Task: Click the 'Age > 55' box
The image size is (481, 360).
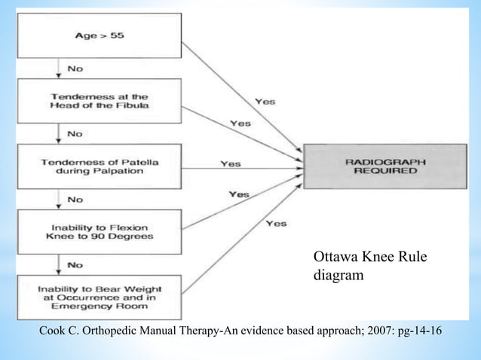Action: pos(99,35)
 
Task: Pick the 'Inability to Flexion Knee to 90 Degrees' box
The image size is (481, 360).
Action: pos(99,232)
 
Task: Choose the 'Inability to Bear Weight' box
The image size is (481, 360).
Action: pos(99,296)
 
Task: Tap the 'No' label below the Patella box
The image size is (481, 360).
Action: pos(75,199)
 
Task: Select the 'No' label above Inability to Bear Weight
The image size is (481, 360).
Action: pos(75,264)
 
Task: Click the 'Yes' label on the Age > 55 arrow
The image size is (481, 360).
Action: pos(265,102)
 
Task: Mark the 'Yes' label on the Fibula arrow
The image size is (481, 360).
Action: pos(240,123)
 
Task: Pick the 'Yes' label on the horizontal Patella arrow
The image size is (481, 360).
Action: pos(231,163)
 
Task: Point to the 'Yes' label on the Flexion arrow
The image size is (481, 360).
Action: pos(239,194)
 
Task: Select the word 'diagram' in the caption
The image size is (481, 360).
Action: pos(339,276)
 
